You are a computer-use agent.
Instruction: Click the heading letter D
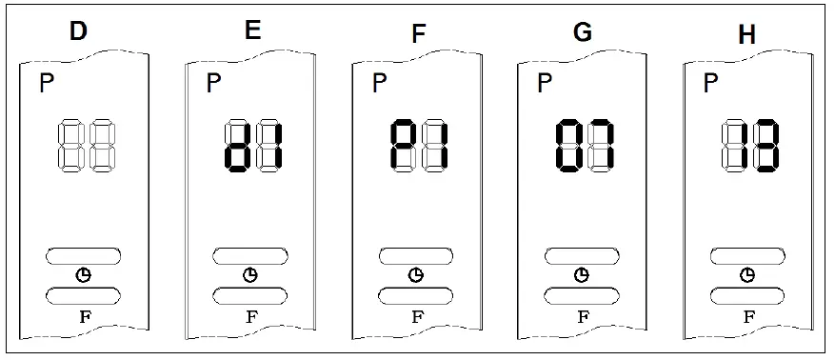[78, 30]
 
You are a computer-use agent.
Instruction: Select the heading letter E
[252, 30]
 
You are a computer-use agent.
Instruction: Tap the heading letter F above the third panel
[418, 35]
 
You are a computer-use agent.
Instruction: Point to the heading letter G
[583, 31]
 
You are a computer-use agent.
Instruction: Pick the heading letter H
[747, 35]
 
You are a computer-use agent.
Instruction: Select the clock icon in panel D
[84, 275]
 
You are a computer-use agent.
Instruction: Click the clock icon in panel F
[416, 275]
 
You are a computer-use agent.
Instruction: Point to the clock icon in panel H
[748, 275]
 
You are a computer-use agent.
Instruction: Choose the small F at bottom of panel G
[582, 316]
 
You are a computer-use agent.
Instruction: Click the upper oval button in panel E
[250, 256]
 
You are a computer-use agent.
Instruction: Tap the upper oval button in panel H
[748, 256]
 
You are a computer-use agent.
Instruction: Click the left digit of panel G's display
[568, 146]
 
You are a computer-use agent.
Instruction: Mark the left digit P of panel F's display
[404, 146]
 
